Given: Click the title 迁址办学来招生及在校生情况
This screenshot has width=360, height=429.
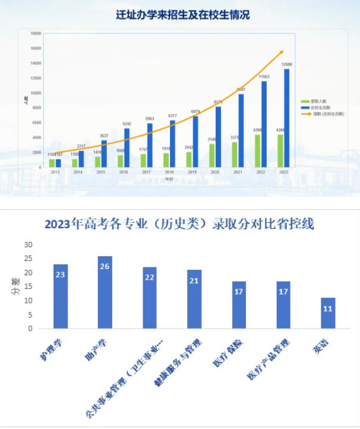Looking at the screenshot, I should [x=182, y=15].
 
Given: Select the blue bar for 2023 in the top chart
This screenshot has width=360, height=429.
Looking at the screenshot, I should [x=287, y=119].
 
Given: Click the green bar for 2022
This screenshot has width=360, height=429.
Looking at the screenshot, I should [x=257, y=151].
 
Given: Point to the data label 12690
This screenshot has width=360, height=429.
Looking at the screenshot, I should [x=287, y=64].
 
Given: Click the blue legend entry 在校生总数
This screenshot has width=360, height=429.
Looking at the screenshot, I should [x=316, y=106].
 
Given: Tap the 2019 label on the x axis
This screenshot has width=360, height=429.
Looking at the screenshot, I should [x=194, y=172].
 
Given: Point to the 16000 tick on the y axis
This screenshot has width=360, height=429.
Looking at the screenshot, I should [x=36, y=48].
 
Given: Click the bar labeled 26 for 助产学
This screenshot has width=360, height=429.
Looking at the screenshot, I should [x=105, y=292].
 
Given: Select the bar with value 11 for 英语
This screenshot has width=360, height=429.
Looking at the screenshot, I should [x=329, y=313].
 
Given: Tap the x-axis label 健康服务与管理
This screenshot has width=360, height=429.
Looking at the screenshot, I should [x=176, y=365].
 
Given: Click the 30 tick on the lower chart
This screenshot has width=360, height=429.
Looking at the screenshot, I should [x=28, y=245].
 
